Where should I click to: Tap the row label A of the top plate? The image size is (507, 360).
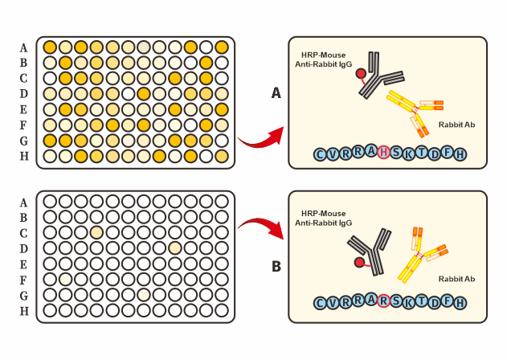pyautogui.click(x=23, y=47)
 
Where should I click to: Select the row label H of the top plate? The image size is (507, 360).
pyautogui.click(x=23, y=155)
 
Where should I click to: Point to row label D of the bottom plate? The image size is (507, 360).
pyautogui.click(x=23, y=247)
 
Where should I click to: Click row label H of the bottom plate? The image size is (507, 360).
pyautogui.click(x=23, y=310)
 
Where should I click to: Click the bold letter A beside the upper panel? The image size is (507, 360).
pyautogui.click(x=276, y=94)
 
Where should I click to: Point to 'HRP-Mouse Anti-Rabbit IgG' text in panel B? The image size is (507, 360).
pyautogui.click(x=323, y=217)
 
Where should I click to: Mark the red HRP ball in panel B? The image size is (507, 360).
pyautogui.click(x=358, y=262)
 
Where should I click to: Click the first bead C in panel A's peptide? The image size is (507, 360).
pyautogui.click(x=321, y=153)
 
